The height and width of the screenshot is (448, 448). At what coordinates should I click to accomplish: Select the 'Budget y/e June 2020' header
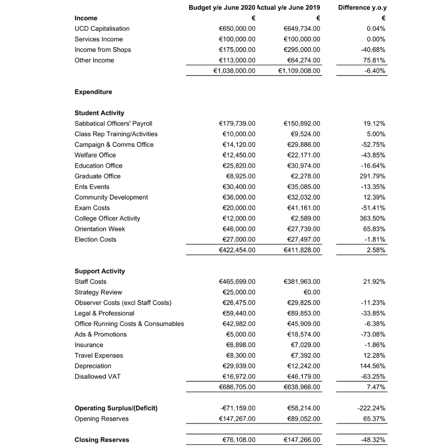222,7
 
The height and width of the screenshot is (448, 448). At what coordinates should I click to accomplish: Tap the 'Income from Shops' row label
103,50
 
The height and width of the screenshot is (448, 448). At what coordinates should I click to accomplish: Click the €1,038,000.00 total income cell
234,71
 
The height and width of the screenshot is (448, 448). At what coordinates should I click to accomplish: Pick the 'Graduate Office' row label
97,176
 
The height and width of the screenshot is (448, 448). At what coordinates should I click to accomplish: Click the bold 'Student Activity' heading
99,113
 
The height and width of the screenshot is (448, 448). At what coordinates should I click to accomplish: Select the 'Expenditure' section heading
93,92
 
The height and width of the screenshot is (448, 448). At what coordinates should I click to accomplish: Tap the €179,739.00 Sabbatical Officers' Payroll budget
237,124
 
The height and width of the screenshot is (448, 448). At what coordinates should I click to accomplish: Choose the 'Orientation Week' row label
100,229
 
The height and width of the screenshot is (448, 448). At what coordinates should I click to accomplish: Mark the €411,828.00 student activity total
302,250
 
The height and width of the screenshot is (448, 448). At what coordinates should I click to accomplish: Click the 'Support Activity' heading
100,271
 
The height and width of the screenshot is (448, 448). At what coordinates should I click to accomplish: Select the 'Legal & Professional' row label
105,314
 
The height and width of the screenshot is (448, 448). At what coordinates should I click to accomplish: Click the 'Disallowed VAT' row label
97,377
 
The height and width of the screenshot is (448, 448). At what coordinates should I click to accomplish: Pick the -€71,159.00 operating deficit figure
237,408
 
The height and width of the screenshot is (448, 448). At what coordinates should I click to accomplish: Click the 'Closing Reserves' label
102,440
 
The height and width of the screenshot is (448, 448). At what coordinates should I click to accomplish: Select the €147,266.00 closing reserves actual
302,440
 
